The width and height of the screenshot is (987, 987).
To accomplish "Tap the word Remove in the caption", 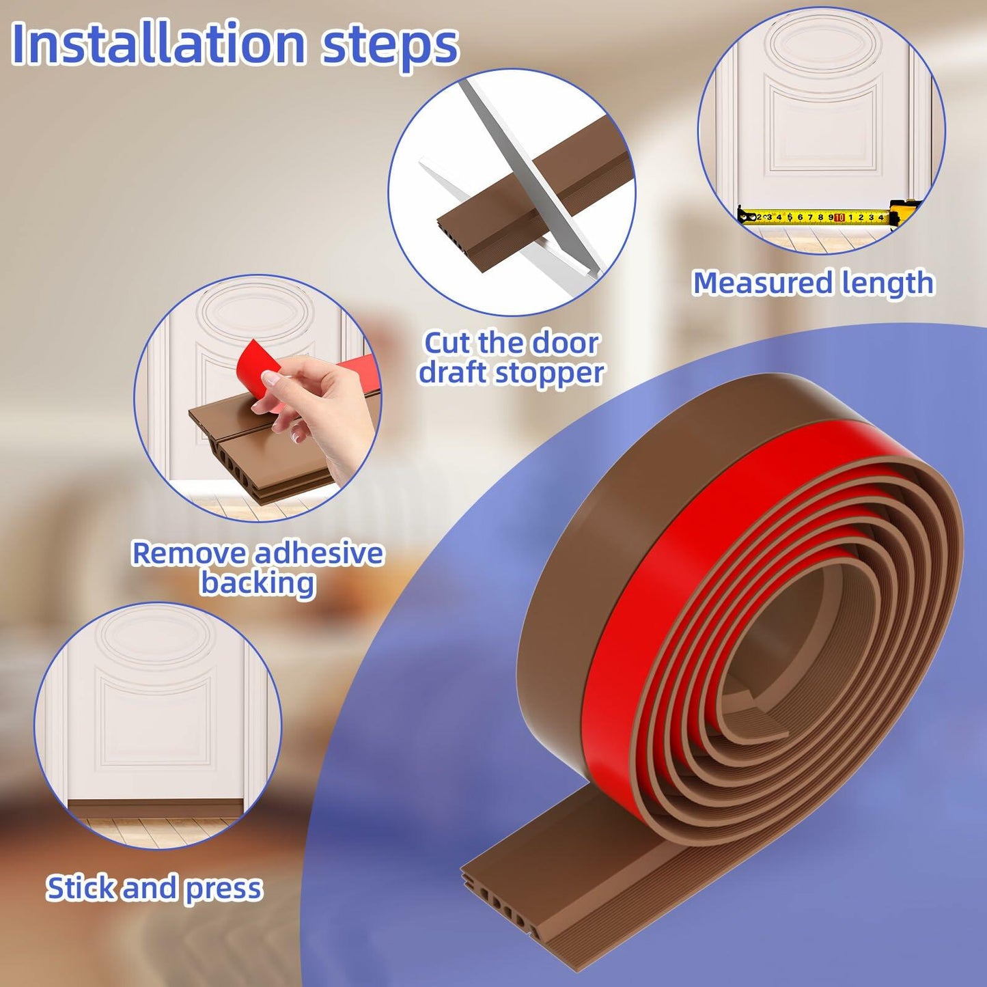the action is (x=189, y=553).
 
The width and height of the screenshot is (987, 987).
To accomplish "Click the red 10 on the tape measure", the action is (x=839, y=217).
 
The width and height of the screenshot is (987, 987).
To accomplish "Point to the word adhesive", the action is (x=318, y=553).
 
